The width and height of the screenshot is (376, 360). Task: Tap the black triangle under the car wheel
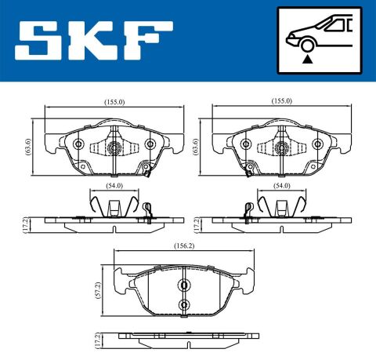[x=307, y=60]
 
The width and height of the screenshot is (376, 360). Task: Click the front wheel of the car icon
[x=307, y=45]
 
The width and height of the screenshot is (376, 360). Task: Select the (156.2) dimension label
[x=184, y=246]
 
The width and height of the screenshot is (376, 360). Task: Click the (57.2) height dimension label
[x=98, y=290]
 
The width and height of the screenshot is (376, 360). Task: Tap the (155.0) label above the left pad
[x=114, y=102]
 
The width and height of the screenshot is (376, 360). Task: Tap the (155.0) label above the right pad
[x=282, y=101]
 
